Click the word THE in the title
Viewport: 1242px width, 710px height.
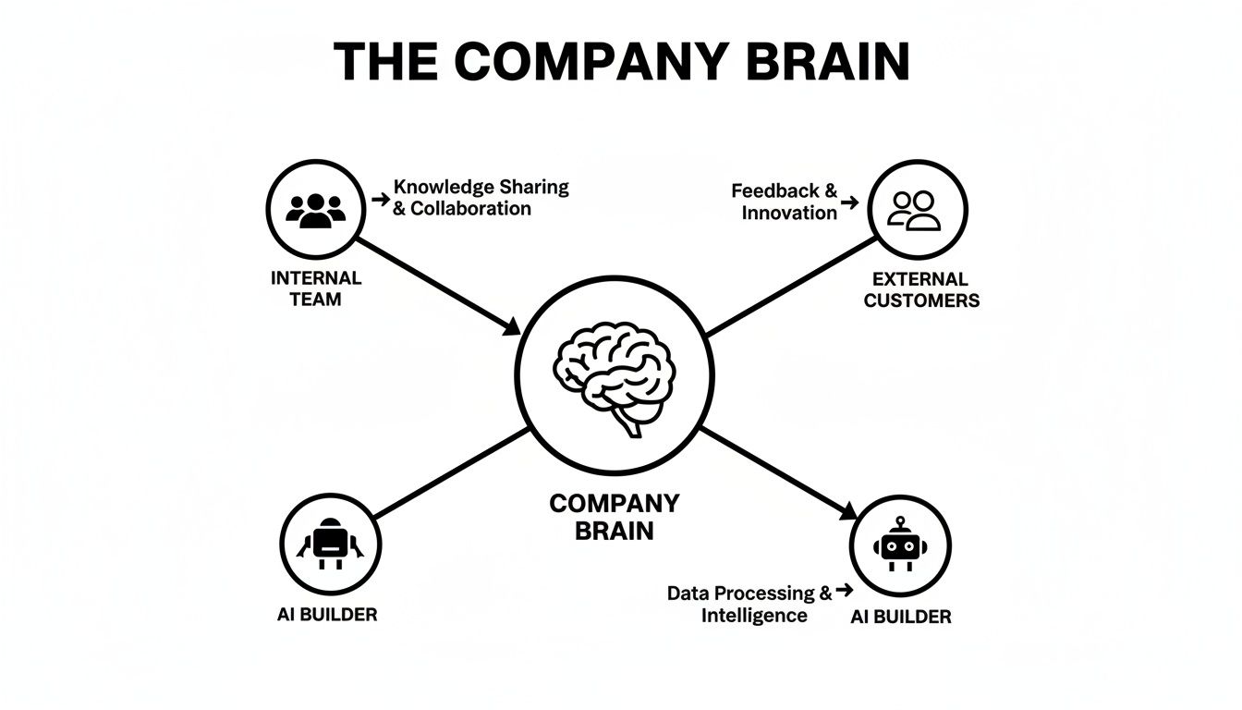tap(387, 62)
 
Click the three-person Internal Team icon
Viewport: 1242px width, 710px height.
tap(315, 210)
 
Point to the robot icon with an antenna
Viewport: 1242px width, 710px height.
tap(898, 545)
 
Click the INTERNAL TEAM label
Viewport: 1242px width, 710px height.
tap(316, 288)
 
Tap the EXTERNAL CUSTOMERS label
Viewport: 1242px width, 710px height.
tap(921, 289)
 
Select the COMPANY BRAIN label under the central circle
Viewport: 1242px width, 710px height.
tap(615, 517)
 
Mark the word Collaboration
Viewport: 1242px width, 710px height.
tap(470, 209)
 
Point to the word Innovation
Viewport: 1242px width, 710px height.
tap(788, 213)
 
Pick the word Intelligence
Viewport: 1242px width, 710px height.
tap(753, 616)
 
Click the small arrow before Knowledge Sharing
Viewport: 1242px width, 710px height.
tap(380, 199)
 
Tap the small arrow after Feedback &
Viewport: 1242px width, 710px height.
tap(850, 201)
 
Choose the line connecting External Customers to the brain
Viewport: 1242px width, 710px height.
tap(790, 287)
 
